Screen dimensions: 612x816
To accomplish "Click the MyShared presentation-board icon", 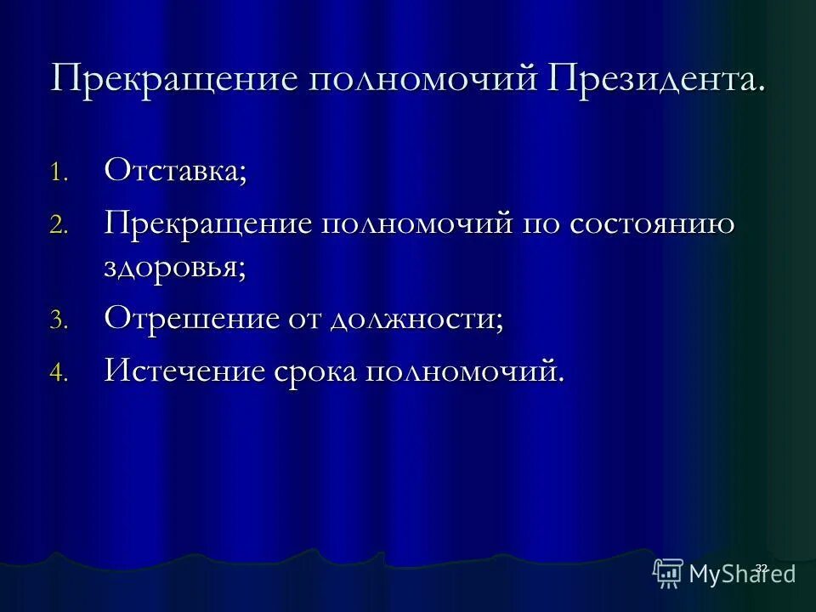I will point(668,574).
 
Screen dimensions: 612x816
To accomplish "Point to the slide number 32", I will point(761,567).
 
